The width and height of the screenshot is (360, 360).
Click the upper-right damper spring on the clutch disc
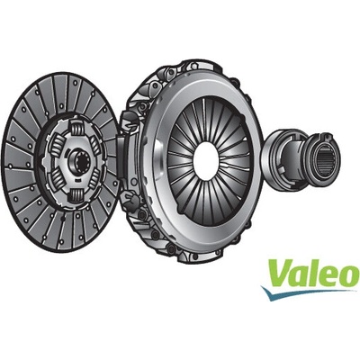(x=95, y=142)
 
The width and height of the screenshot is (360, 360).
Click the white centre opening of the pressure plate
(x=206, y=161)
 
